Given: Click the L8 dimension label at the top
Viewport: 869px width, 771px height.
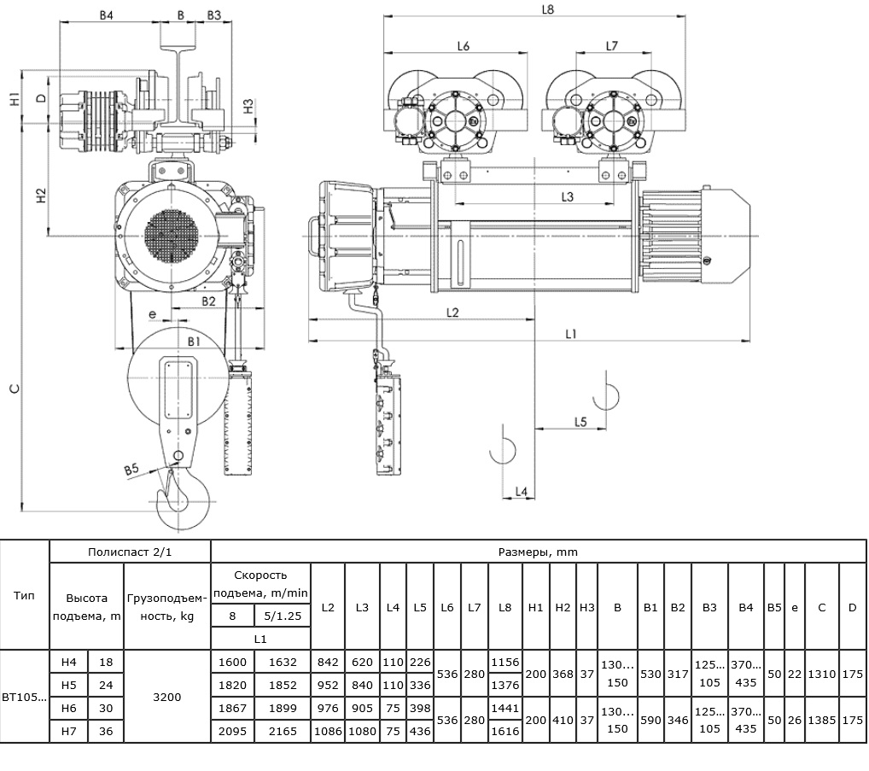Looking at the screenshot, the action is point(547,9).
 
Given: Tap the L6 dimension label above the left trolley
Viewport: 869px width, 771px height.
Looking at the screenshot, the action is point(464,46).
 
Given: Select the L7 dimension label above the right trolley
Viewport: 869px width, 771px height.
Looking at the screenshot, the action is point(611,46).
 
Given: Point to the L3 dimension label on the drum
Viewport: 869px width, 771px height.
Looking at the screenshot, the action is point(567,196).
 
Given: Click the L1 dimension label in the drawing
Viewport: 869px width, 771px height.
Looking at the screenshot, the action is point(571,334).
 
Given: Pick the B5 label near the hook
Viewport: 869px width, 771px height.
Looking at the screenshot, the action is point(131,470).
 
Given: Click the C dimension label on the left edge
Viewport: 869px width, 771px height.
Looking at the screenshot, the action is point(15,388).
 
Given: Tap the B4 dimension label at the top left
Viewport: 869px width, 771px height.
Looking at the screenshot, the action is point(106,15).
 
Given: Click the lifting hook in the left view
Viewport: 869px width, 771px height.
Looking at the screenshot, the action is point(182,499).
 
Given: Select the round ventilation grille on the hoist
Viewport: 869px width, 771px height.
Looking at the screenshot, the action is point(172,237).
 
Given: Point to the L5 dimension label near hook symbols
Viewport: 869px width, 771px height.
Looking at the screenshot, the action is point(580,422).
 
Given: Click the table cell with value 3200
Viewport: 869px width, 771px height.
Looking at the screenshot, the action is point(166,697).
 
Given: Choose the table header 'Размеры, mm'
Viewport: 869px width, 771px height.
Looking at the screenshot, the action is point(538,552).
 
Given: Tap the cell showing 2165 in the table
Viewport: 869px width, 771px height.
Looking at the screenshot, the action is point(283,731).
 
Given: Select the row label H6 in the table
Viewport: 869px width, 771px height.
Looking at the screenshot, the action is point(69,708).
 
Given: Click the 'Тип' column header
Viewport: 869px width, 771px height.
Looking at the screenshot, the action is point(24,595).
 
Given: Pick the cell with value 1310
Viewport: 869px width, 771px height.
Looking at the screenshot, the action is point(821,674).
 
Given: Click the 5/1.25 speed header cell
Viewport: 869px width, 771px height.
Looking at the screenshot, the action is point(283,616).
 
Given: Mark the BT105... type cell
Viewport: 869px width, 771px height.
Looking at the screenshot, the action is point(25,697).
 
